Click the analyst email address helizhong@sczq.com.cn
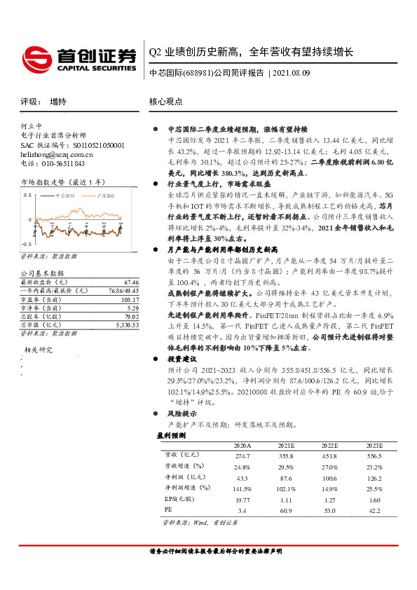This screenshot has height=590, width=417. [x=56, y=154]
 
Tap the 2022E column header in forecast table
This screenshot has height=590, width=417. [x=329, y=445]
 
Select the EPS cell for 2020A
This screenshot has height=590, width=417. [x=242, y=498]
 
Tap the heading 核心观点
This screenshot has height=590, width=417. [x=165, y=101]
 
